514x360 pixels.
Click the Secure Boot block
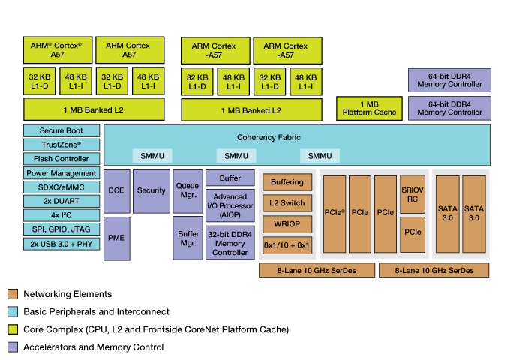click(x=62, y=130)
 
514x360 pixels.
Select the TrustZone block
click(x=62, y=145)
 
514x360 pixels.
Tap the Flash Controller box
click(x=62, y=159)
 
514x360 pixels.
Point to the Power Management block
click(x=62, y=173)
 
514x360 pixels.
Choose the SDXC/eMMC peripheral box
click(x=62, y=187)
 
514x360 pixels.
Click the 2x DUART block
click(x=62, y=202)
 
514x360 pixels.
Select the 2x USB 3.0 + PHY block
click(x=62, y=244)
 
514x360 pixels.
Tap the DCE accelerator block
click(x=116, y=190)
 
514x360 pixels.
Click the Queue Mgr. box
click(x=187, y=190)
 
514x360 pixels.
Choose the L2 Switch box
click(x=286, y=203)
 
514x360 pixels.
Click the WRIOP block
click(x=286, y=224)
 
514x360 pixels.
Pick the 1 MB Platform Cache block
click(x=368, y=108)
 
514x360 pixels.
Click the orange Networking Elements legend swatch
click(x=12, y=294)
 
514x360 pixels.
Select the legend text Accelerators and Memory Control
click(x=93, y=346)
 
